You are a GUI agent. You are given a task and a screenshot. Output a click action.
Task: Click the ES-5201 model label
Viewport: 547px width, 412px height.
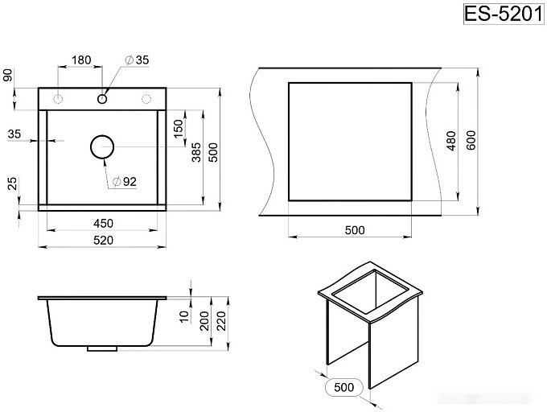pos(504,14)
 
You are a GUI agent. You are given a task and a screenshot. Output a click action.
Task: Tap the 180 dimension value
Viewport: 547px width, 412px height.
pos(81,60)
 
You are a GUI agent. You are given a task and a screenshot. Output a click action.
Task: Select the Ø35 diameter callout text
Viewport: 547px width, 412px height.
pos(137,60)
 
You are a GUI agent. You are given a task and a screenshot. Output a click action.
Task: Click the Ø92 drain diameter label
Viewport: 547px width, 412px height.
pos(125,181)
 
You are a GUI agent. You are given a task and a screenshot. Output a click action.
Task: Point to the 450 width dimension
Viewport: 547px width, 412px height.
pos(103,223)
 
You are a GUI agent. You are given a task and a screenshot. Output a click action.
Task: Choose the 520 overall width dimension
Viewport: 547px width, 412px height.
pos(103,240)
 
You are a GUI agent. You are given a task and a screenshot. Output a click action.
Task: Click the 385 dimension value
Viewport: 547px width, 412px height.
pos(196,152)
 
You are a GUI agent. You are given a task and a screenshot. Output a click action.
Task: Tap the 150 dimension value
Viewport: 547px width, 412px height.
pos(178,129)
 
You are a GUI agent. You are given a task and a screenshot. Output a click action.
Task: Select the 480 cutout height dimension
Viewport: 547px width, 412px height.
pos(451,141)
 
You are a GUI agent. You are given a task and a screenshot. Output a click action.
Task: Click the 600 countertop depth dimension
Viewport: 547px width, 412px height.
pos(471,140)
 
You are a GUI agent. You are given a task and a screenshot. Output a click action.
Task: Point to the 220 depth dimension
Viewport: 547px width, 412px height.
pos(221,320)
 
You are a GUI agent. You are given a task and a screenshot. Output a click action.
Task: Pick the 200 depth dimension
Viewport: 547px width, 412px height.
pos(204,320)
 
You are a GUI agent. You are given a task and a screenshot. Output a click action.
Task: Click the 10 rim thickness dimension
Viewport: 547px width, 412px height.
pos(184,315)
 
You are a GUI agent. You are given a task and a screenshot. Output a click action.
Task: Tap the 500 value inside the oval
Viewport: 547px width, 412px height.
pos(343,387)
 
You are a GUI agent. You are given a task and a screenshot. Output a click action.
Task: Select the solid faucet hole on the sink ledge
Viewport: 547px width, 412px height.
pos(102,99)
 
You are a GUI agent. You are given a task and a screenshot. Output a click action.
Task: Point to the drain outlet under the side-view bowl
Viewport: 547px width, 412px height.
pos(102,348)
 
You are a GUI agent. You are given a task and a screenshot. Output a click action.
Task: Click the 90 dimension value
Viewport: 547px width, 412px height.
pos(8,75)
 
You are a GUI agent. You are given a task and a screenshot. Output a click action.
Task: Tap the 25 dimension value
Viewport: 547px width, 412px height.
pos(12,183)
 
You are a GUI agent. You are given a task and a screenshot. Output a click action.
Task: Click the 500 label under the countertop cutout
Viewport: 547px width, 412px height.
pos(355,230)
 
